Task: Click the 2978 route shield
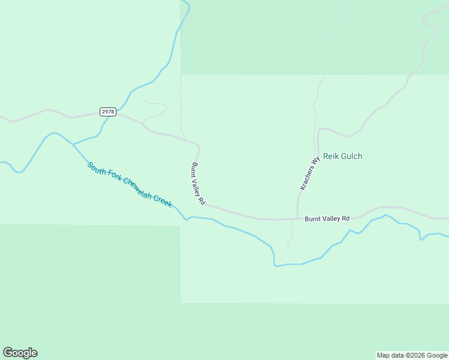(x=108, y=112)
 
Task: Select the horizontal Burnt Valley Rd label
(x=327, y=219)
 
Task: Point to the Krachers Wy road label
(x=310, y=174)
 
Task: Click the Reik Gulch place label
(x=343, y=156)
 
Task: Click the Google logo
(x=20, y=353)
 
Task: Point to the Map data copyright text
(x=411, y=355)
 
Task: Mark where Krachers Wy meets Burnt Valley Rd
(x=297, y=218)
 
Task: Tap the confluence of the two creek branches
(x=73, y=145)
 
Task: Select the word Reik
(x=331, y=156)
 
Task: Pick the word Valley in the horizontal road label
(x=331, y=219)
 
